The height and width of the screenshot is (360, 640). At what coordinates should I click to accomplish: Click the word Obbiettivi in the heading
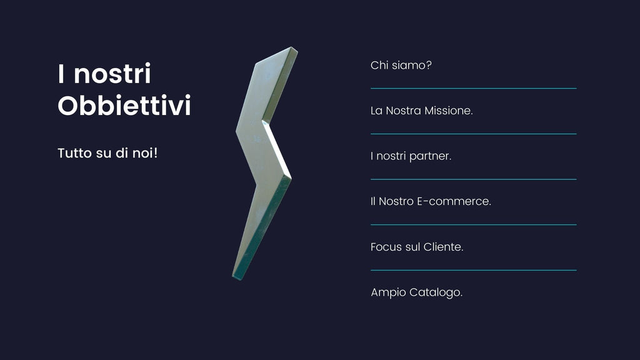(124, 105)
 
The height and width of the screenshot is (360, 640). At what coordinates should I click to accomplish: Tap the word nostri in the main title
(112, 74)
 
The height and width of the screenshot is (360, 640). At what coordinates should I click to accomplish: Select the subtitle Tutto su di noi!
(107, 153)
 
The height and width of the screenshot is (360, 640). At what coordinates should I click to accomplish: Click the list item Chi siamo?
(401, 65)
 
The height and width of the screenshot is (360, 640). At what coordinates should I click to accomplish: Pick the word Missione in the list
(449, 111)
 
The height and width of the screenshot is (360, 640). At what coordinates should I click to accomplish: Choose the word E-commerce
(454, 201)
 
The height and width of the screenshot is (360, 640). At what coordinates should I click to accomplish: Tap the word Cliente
(443, 247)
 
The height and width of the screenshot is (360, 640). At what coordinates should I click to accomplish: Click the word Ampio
(388, 292)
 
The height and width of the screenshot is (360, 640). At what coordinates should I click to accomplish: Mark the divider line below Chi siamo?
(474, 88)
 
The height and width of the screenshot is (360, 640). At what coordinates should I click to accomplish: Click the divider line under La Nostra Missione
(474, 134)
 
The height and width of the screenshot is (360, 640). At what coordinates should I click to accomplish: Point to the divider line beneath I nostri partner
(474, 179)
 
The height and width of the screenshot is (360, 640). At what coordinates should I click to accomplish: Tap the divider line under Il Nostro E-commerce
(474, 224)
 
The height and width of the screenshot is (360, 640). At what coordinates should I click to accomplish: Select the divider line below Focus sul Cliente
(474, 270)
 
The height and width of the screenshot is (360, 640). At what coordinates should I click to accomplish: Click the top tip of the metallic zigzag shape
(292, 47)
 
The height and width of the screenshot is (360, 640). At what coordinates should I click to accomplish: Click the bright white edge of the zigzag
(277, 149)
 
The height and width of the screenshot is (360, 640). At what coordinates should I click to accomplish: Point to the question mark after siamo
(429, 65)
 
